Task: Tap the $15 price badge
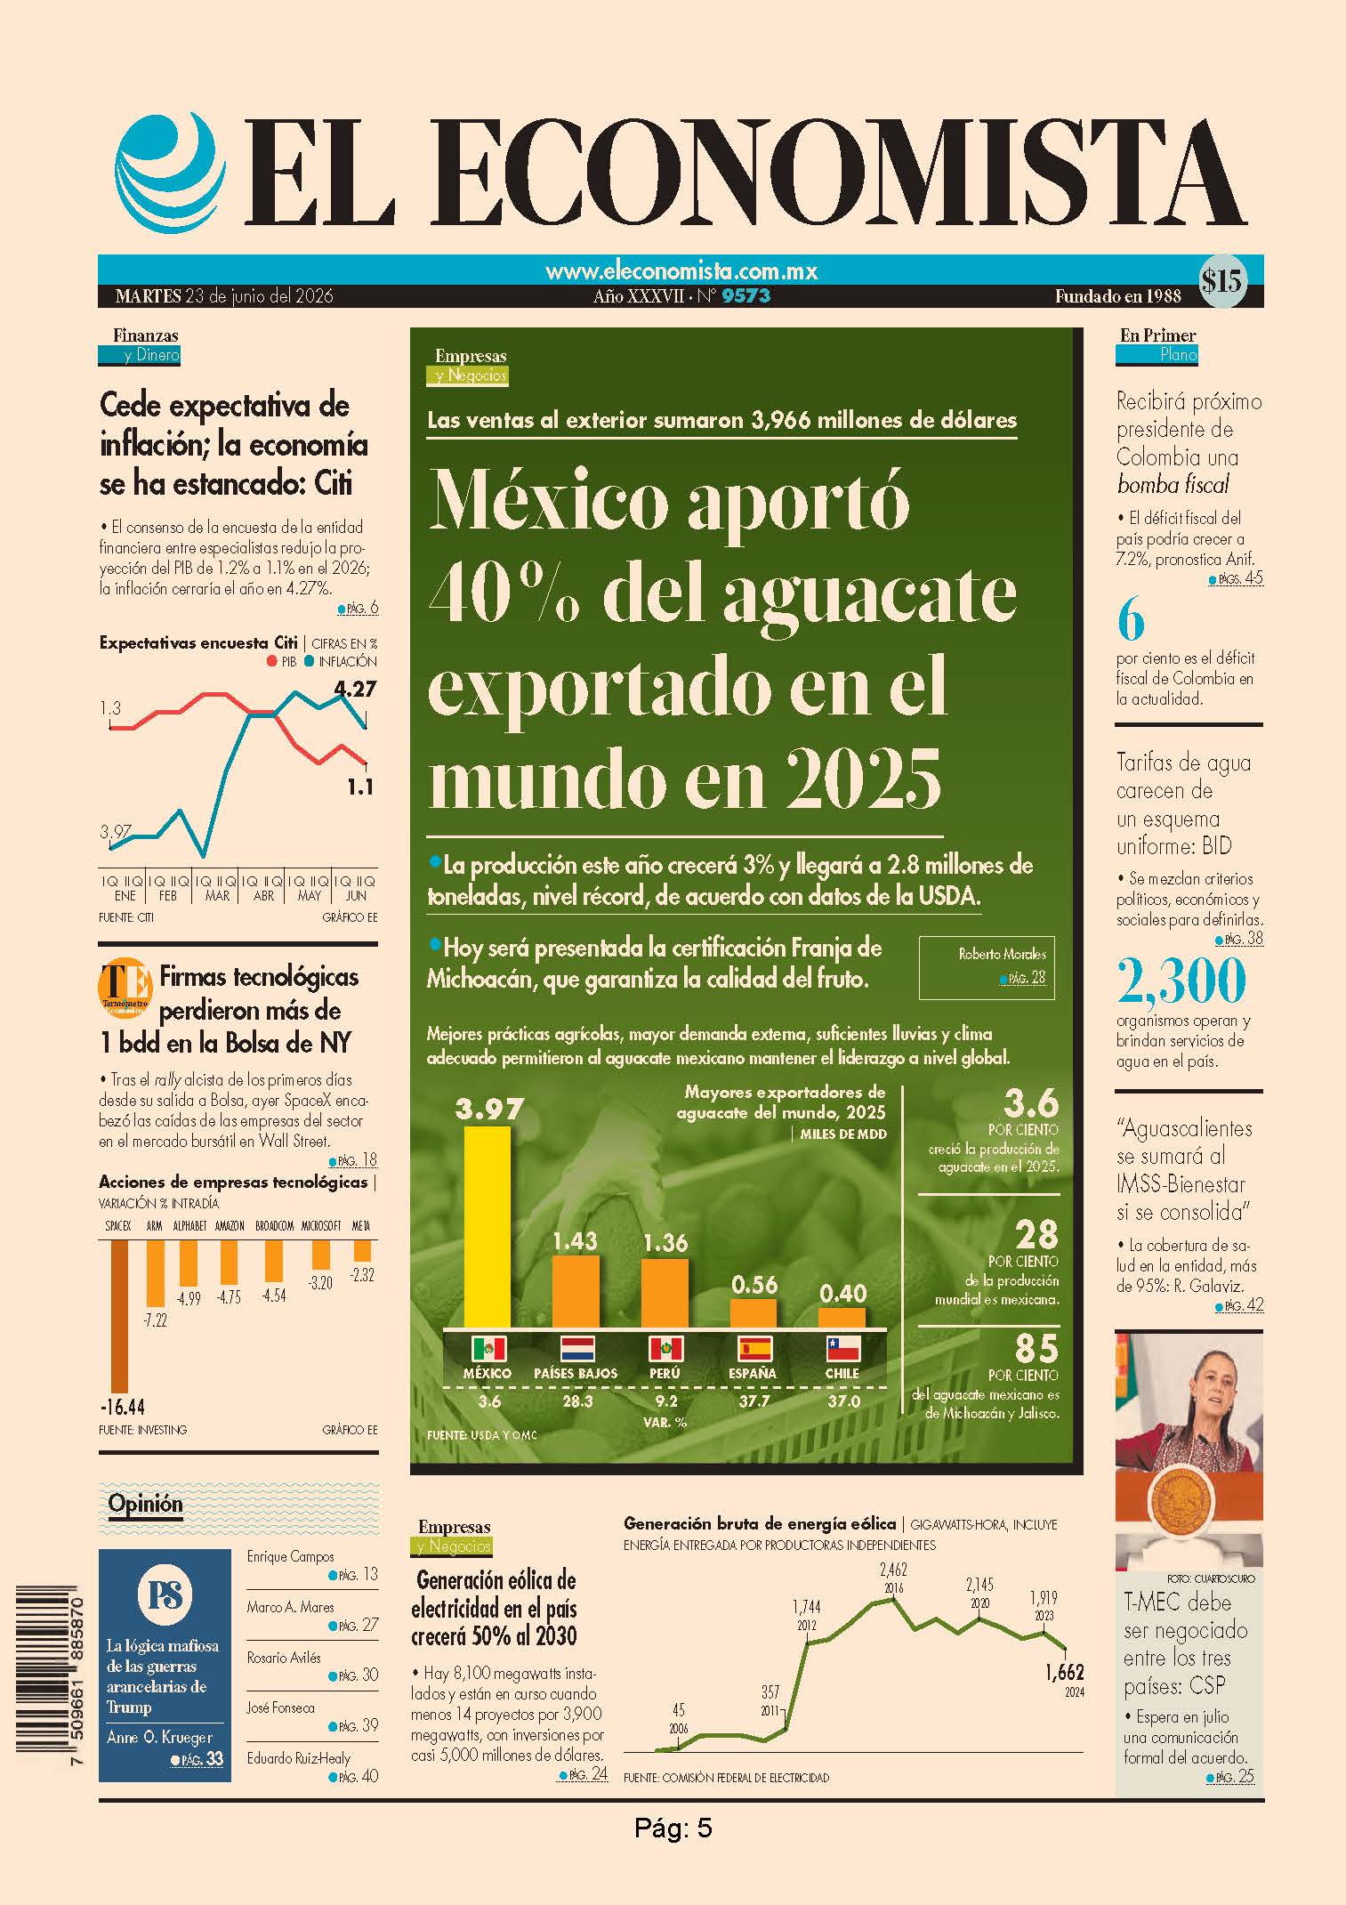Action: (1221, 282)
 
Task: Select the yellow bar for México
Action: (488, 1228)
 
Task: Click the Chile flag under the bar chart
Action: (842, 1349)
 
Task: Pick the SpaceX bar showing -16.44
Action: (118, 1316)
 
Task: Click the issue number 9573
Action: (746, 296)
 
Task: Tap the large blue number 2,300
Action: (1181, 981)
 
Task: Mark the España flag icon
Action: (753, 1349)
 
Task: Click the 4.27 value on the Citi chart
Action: (355, 688)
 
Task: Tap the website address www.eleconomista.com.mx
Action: (681, 270)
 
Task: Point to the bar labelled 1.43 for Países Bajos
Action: (576, 1291)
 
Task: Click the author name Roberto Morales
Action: (1002, 954)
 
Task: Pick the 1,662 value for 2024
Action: (1065, 1672)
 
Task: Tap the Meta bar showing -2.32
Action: (361, 1250)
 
